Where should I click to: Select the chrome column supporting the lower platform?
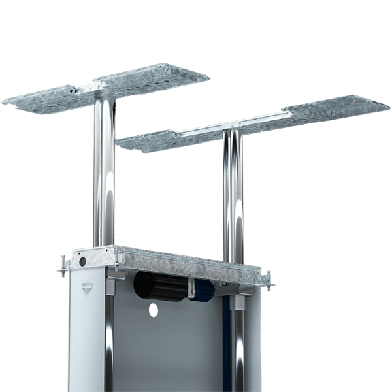point(233,196)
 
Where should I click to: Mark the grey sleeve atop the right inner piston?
point(240,302)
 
